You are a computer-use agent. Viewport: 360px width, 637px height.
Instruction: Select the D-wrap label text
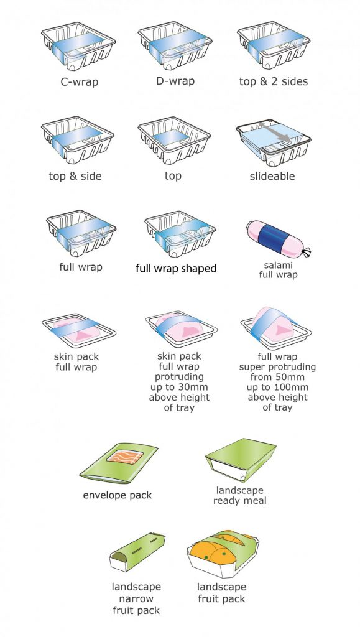click(x=175, y=81)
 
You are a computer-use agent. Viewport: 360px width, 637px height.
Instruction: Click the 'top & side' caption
click(x=75, y=176)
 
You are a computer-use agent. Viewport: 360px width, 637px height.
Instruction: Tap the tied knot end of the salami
click(x=305, y=253)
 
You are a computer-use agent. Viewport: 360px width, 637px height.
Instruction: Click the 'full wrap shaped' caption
click(x=177, y=269)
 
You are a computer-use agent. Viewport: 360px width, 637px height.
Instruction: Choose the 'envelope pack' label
click(x=118, y=495)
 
